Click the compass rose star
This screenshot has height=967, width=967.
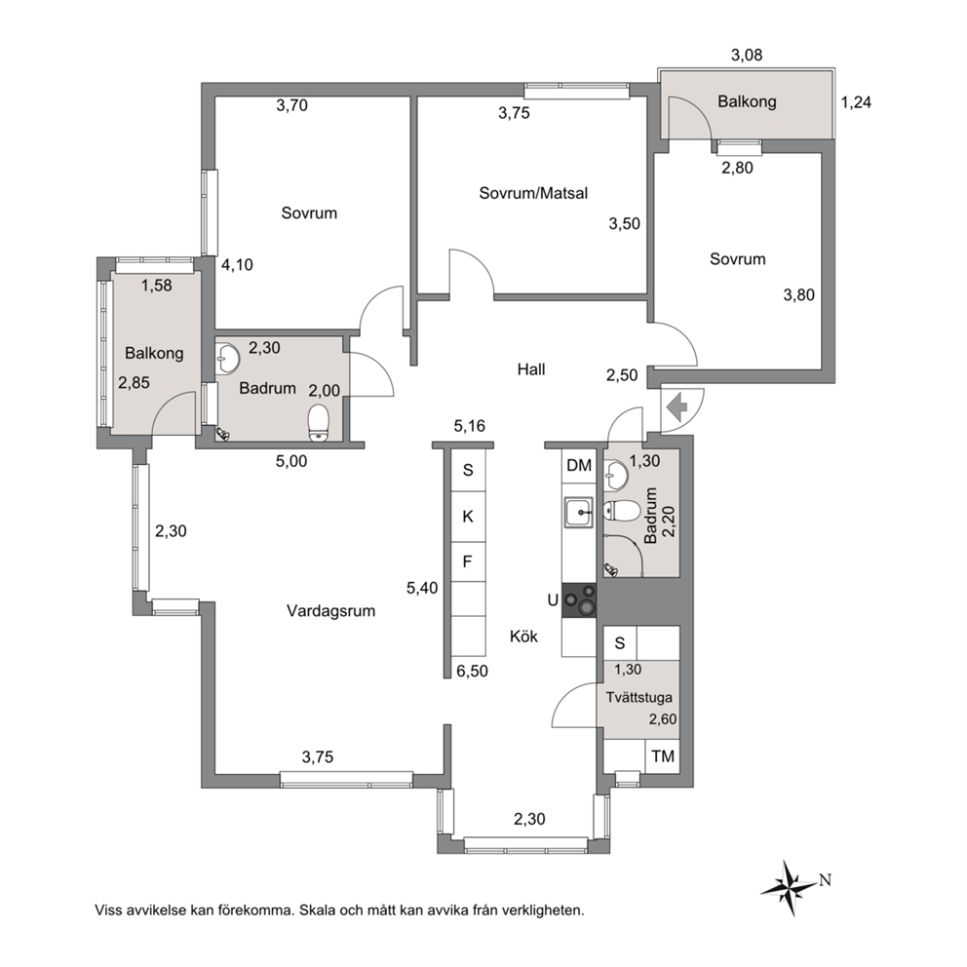tap(789, 887)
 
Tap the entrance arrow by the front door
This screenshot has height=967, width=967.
tap(677, 407)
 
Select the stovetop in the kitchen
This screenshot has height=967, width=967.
tap(579, 600)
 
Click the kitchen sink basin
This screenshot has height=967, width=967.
tap(578, 513)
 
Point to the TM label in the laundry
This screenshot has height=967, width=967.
tap(663, 756)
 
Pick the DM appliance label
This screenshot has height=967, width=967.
tap(579, 465)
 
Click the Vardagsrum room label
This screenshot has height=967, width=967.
tap(330, 610)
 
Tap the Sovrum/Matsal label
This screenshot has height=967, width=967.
tap(533, 193)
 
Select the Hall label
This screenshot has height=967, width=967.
tap(531, 369)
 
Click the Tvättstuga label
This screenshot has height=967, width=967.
tap(638, 698)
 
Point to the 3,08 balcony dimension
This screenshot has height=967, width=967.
tap(747, 55)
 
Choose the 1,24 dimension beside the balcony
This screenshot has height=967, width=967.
tap(856, 102)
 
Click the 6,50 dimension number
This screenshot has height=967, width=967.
tap(473, 671)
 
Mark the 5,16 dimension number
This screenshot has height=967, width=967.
tap(469, 426)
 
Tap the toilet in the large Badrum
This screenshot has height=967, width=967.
tap(318, 422)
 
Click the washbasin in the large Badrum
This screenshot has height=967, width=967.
tap(228, 358)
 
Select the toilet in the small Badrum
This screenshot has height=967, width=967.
tap(617, 511)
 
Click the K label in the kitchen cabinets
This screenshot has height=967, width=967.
tap(468, 517)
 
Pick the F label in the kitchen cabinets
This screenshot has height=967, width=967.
tap(468, 561)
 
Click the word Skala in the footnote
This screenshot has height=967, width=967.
tap(317, 909)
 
